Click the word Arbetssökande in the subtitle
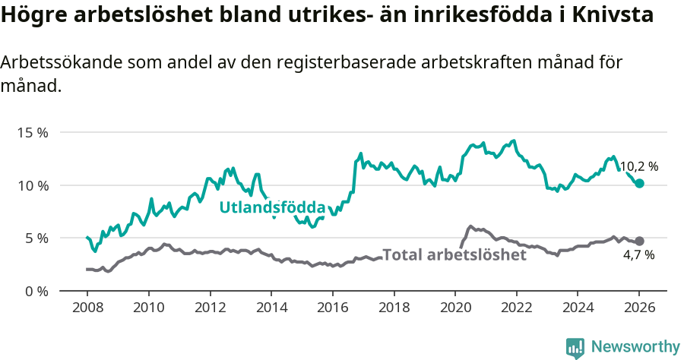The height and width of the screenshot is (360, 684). point(56,63)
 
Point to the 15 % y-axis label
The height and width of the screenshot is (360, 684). point(33,132)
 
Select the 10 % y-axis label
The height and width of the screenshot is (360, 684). point(33,185)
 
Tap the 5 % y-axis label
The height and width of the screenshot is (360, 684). point(36,238)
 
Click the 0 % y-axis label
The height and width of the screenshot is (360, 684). point(36,291)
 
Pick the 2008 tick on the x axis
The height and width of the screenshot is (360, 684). point(87,308)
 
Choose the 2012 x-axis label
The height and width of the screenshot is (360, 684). point(210,308)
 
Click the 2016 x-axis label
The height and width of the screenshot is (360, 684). point(332,308)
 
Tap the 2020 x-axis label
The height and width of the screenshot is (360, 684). point(454,308)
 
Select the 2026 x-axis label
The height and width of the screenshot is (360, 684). point(639,308)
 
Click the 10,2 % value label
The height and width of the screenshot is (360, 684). point(639,166)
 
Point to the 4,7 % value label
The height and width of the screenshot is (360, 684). point(638,255)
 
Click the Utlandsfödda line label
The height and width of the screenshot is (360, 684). point(272,207)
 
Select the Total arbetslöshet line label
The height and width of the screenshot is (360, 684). point(454,255)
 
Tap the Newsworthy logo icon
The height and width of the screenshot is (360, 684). point(575,347)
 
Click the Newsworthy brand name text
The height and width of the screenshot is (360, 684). point(635,347)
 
